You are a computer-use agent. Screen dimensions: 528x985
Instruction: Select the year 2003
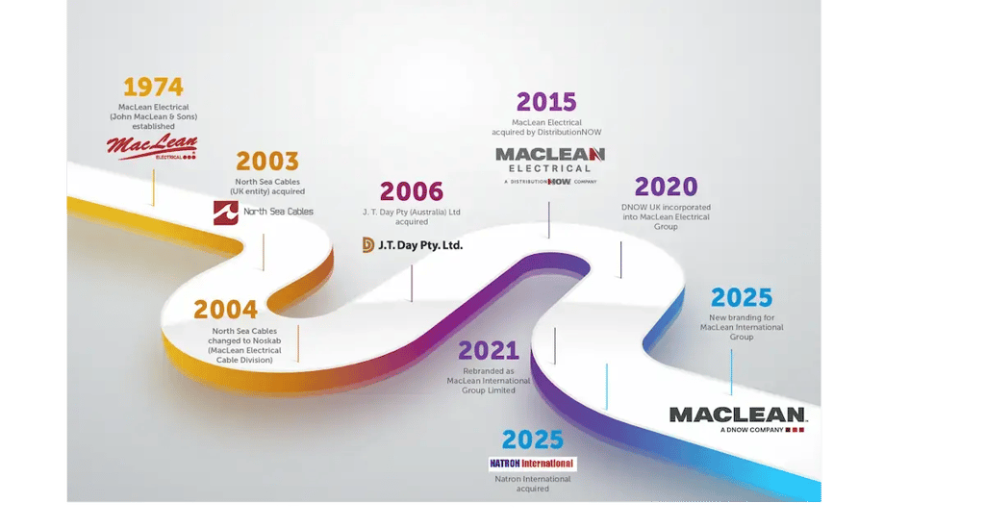(x=267, y=161)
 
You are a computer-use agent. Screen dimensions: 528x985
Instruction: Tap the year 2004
(x=225, y=310)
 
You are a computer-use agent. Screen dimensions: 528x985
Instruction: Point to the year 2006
(x=412, y=191)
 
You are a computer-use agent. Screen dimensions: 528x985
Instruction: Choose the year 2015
(x=546, y=102)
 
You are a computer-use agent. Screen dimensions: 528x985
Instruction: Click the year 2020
(x=666, y=187)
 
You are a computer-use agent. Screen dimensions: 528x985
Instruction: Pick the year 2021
(x=489, y=351)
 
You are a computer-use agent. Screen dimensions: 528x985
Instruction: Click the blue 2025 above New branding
(x=742, y=298)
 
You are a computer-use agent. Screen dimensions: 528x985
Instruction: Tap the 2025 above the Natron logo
(x=532, y=440)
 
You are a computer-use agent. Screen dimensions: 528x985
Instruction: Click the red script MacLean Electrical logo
(x=152, y=147)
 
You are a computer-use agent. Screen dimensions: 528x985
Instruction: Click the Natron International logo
(x=532, y=464)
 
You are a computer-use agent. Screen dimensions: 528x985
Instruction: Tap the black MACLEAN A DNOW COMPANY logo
(x=738, y=418)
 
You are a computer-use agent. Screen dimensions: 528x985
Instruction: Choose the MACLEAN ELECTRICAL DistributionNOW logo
(x=550, y=164)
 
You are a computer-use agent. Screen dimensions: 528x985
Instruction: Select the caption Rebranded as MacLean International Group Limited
(x=489, y=381)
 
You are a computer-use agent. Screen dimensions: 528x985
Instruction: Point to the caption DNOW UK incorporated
(x=666, y=216)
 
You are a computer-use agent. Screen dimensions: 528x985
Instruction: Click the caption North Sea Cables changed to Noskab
(x=246, y=345)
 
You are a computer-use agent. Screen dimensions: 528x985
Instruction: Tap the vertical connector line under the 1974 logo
(x=153, y=188)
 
